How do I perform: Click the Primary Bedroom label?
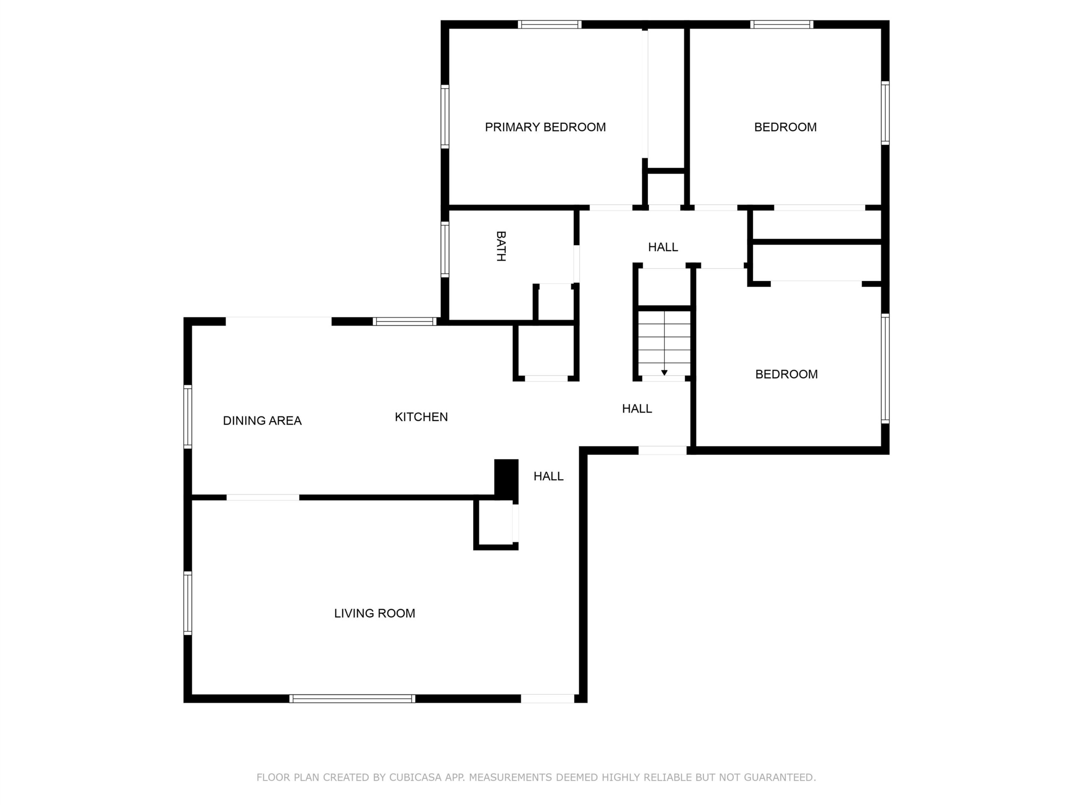[x=545, y=127]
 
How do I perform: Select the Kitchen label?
[x=421, y=417]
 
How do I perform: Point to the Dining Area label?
[x=262, y=421]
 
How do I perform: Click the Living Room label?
[x=374, y=613]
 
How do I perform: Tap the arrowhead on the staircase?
[x=664, y=373]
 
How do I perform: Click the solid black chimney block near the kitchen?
[x=506, y=479]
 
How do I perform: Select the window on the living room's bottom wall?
[x=352, y=699]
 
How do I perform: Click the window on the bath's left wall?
[x=445, y=249]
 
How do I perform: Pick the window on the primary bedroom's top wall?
[x=549, y=25]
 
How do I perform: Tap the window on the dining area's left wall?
[x=188, y=416]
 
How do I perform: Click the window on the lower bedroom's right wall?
[x=885, y=369]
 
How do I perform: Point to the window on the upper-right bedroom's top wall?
[x=782, y=25]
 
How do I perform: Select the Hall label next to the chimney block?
[x=549, y=476]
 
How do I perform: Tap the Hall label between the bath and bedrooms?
[x=663, y=247]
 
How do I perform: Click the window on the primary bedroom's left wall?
[x=445, y=117]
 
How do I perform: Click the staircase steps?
[x=664, y=343]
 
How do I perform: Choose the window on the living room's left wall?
[x=188, y=603]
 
